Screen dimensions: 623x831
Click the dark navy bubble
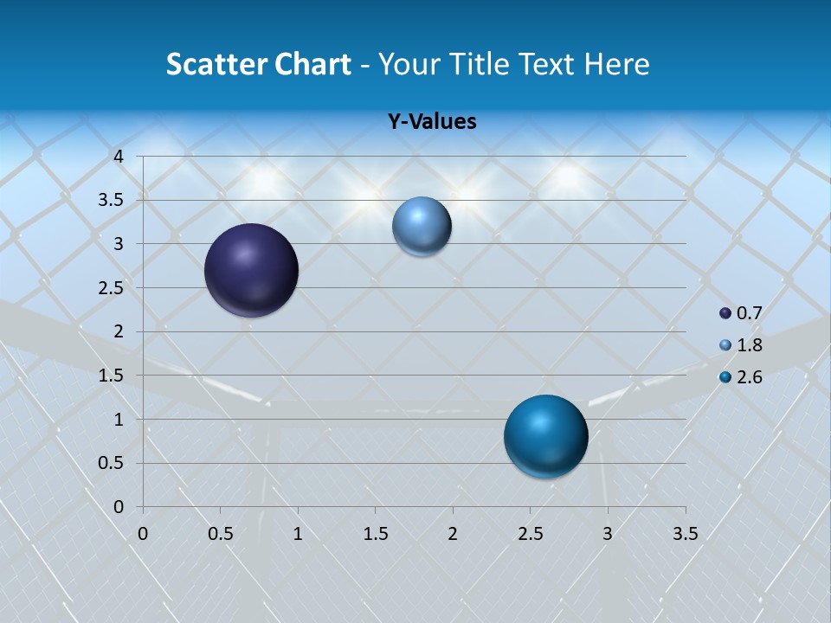pos(252,270)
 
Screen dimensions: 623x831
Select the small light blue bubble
pos(422,226)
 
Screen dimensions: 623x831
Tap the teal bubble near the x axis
pos(545,436)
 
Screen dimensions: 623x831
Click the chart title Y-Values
pos(431,122)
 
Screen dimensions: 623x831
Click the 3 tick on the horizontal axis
pos(607,534)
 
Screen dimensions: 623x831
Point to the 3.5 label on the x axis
pos(685,534)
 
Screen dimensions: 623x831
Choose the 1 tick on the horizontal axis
pos(298,534)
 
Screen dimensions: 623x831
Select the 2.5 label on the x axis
pos(530,534)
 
